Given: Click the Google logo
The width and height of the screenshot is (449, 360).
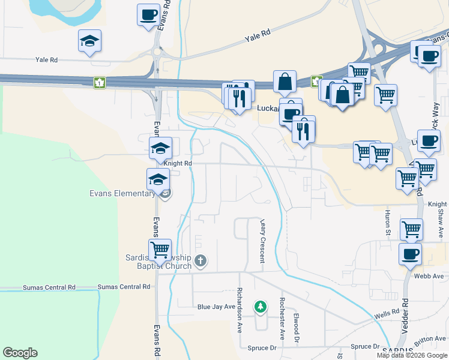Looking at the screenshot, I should tap(20, 353).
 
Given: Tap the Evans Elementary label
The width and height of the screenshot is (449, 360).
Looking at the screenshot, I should tap(122, 193).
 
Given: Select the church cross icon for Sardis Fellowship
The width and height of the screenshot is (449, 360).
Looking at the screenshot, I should tap(200, 261).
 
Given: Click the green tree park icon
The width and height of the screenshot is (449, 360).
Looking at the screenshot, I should tap(260, 307).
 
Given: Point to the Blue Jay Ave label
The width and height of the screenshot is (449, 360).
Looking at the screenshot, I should tap(216, 307).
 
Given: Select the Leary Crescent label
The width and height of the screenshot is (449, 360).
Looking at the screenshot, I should tap(262, 241).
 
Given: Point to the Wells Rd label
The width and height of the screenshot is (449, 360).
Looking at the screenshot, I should tap(387, 313).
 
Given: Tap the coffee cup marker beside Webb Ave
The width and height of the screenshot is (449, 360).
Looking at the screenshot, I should tap(411, 254).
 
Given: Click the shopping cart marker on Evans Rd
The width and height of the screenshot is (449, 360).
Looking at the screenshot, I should tap(160, 248).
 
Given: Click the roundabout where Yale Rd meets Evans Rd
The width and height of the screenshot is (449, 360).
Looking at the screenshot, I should tap(158, 53).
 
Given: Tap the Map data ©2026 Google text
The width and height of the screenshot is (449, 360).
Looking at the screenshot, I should tap(412, 355).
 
